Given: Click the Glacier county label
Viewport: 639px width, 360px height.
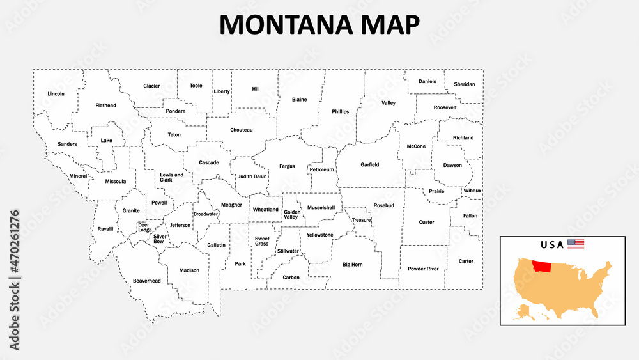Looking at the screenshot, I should [151, 86].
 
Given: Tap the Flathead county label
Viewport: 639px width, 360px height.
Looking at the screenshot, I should [105, 105].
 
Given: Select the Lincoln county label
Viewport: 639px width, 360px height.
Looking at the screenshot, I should [56, 94].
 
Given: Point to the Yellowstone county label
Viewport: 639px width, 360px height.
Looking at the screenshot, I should [319, 235].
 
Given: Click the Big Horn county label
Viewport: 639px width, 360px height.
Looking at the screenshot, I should [352, 264].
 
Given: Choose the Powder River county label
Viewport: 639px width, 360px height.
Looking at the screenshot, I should [423, 269].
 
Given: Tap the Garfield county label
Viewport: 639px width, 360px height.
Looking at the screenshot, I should [369, 164].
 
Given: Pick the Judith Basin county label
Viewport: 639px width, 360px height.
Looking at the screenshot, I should [252, 176].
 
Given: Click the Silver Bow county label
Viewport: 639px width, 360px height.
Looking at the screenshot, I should [159, 239].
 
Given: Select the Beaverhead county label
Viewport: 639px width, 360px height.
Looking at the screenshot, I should [147, 281].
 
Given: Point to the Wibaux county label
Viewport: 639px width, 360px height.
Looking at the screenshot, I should [473, 191].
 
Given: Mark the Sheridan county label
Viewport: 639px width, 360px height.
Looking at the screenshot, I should [465, 84].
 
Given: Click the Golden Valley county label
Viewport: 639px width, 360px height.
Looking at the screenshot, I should [291, 214].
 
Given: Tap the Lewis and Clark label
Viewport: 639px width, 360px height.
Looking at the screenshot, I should [171, 177].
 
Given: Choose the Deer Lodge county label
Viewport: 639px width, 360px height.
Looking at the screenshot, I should [145, 227].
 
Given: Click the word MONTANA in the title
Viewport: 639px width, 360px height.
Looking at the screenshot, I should [279, 24].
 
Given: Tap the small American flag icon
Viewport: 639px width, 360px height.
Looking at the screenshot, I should [576, 244].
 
